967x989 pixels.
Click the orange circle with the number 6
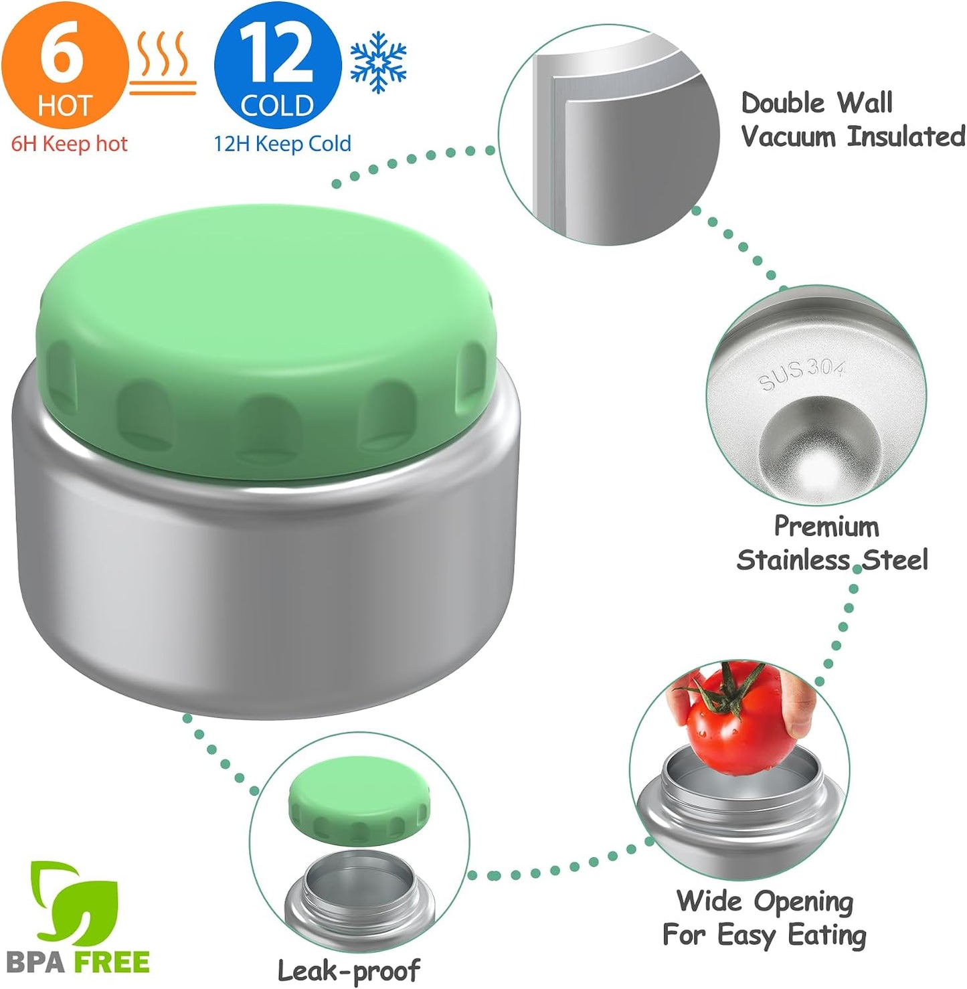[x=64, y=64]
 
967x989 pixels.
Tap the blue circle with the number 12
[x=278, y=64]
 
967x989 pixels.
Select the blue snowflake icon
[x=379, y=62]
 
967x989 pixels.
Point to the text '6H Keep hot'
[x=69, y=144]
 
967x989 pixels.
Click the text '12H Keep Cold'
[x=282, y=144]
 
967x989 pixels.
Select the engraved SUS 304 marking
[x=801, y=375]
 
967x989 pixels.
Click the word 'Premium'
[x=826, y=527]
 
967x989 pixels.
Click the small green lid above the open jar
[x=359, y=802]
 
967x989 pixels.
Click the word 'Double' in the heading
[x=783, y=102]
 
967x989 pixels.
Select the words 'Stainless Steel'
[x=832, y=560]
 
